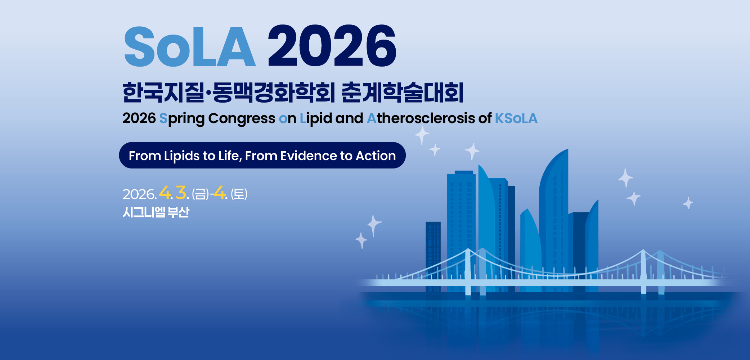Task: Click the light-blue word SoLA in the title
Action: [190, 46]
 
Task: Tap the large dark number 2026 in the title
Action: [332, 46]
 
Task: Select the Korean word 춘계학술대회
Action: [402, 93]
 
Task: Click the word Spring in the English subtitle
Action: [182, 119]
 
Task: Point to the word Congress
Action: [242, 119]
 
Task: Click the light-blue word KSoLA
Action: [516, 118]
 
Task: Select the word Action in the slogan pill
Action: [376, 156]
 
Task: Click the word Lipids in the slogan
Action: [182, 156]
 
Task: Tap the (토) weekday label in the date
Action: [239, 194]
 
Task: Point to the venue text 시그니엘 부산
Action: [156, 212]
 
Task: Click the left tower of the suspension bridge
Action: [468, 272]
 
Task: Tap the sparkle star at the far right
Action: [688, 203]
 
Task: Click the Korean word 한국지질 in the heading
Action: [163, 93]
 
